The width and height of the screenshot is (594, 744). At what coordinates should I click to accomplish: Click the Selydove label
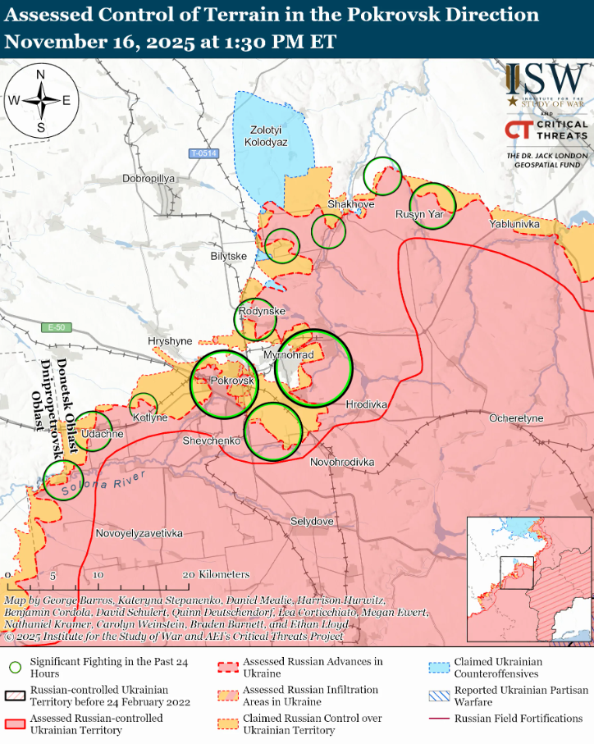[x=312, y=522]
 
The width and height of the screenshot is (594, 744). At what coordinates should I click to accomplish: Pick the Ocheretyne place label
[x=516, y=418]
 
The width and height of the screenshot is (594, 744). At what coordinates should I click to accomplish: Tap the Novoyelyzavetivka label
[x=139, y=534]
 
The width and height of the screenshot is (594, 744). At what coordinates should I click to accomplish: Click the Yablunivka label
[x=514, y=224]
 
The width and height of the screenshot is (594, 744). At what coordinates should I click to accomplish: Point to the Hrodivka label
[x=366, y=405]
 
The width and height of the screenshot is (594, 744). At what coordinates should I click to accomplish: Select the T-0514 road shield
[x=203, y=153]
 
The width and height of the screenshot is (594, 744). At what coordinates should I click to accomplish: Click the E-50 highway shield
[x=57, y=327]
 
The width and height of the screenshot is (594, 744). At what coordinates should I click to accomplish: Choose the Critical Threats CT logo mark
[x=518, y=130]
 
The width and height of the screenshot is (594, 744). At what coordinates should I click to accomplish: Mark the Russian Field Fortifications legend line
[x=442, y=719]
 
